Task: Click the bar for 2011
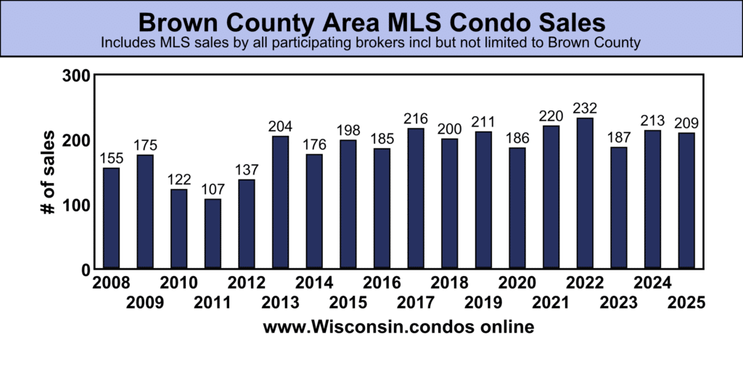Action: click(213, 233)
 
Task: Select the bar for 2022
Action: click(585, 193)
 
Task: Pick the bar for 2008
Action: click(111, 218)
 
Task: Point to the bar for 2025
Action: click(686, 201)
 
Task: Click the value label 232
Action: click(585, 108)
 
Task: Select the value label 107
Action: click(213, 189)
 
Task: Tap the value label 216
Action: click(416, 118)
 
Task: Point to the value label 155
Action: click(111, 158)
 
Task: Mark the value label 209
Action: click(686, 123)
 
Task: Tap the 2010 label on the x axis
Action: click(178, 282)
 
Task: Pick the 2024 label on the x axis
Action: click(652, 282)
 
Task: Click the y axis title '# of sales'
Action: click(48, 172)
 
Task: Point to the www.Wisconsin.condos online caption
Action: click(398, 328)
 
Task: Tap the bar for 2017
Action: click(416, 198)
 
